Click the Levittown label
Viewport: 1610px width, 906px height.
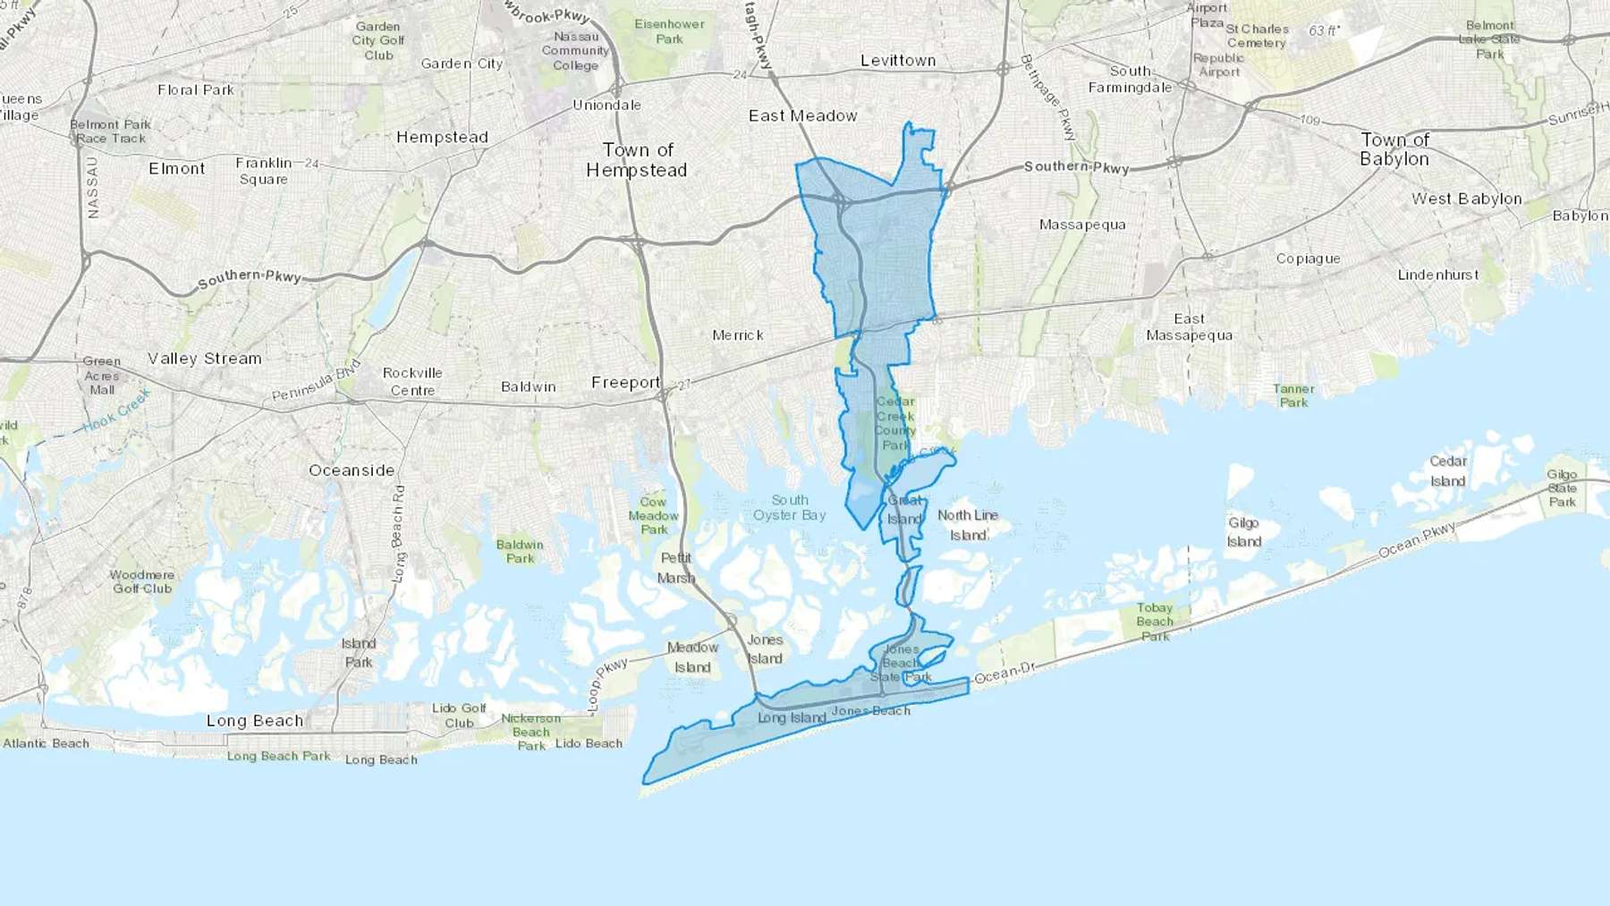click(x=898, y=61)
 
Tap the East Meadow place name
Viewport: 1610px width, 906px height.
click(x=802, y=116)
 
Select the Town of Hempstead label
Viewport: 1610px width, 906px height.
click(x=637, y=160)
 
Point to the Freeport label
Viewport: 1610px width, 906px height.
click(x=625, y=383)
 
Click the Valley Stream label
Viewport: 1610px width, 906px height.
click(x=205, y=359)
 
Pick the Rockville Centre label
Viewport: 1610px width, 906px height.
click(x=412, y=382)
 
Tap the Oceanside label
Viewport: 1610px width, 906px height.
click(x=352, y=470)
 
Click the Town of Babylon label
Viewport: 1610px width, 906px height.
click(x=1394, y=149)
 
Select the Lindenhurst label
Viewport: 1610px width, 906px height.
click(x=1438, y=275)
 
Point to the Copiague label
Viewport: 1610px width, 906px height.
click(x=1308, y=259)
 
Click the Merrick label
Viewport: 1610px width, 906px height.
click(x=738, y=335)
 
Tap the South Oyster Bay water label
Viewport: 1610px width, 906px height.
click(x=790, y=508)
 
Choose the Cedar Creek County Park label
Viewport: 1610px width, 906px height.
click(x=894, y=424)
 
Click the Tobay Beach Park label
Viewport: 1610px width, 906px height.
click(x=1155, y=622)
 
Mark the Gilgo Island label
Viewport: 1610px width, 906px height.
click(x=1244, y=532)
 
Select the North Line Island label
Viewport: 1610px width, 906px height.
click(x=968, y=525)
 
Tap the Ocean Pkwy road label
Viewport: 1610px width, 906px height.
click(x=1417, y=540)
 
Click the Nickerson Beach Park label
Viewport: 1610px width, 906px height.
click(x=530, y=732)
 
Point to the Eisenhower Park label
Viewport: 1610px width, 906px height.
click(x=669, y=31)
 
